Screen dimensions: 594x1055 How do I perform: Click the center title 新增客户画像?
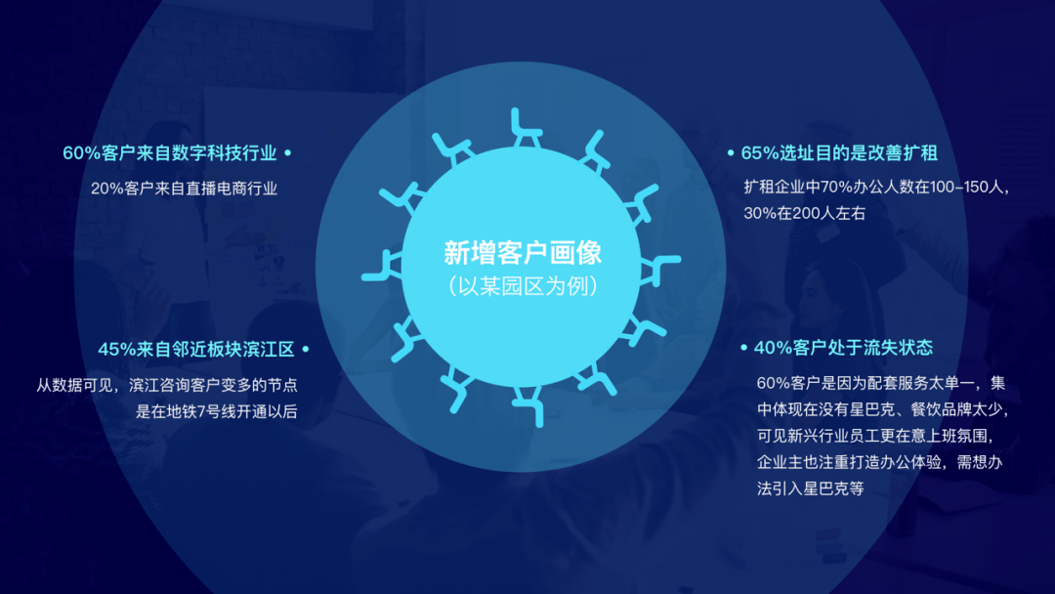[x=523, y=253]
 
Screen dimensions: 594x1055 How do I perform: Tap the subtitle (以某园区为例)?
[x=523, y=287]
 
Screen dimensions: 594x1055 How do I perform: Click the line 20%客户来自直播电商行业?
[x=185, y=189]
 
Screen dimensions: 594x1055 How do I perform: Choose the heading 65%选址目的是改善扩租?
[x=839, y=153]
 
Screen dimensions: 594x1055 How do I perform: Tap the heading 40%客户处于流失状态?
[x=843, y=347]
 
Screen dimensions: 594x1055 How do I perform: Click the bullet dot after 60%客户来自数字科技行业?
[x=288, y=153]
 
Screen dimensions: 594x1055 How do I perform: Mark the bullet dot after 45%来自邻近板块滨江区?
[x=305, y=349]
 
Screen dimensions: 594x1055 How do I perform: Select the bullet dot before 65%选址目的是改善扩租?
[x=731, y=153]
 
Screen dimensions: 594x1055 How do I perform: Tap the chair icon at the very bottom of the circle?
[x=527, y=405]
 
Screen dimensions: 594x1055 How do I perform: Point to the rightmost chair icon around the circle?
[x=663, y=265]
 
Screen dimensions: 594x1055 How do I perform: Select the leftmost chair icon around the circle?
[x=382, y=266]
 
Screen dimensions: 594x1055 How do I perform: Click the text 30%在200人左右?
[x=804, y=213]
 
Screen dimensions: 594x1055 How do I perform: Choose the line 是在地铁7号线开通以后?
[x=216, y=412]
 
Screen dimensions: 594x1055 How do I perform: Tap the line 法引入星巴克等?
[x=810, y=488]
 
